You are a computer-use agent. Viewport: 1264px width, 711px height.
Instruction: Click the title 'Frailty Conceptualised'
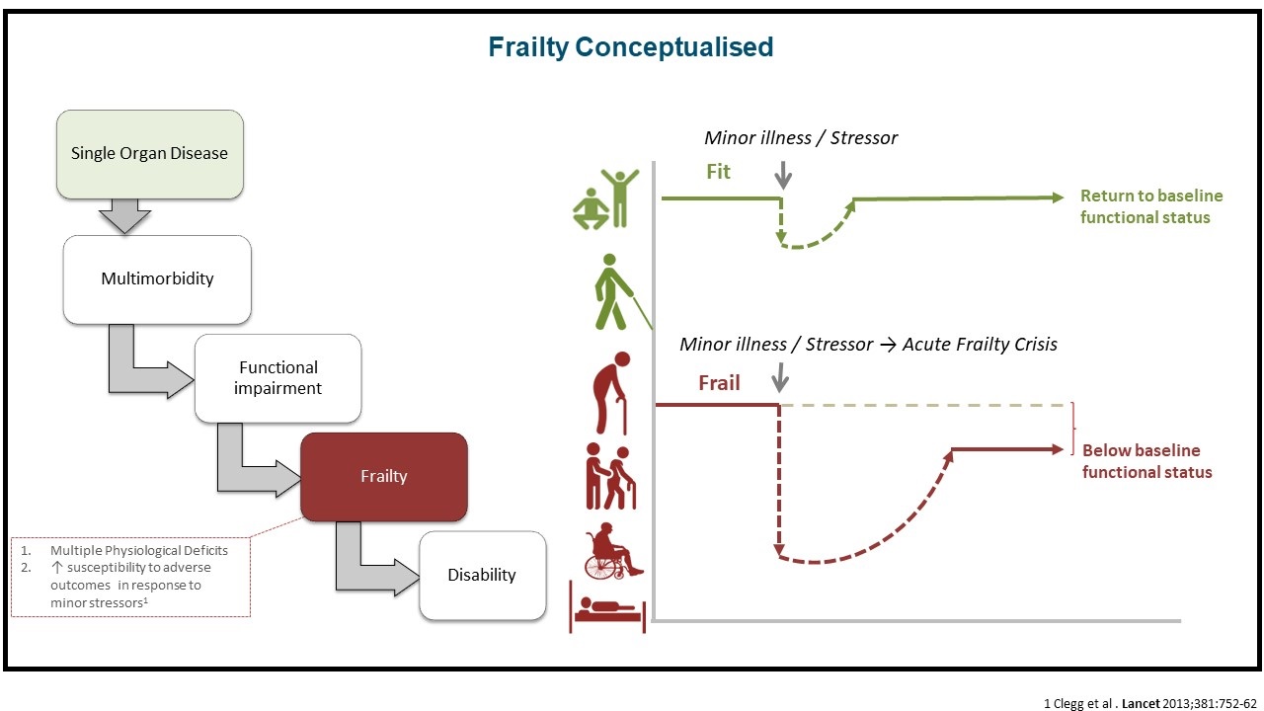pyautogui.click(x=631, y=46)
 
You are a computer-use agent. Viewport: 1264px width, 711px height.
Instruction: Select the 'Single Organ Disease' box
pyautogui.click(x=149, y=154)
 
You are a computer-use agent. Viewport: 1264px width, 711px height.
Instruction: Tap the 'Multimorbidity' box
pyautogui.click(x=157, y=278)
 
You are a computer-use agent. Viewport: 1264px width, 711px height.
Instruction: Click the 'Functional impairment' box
pyautogui.click(x=277, y=378)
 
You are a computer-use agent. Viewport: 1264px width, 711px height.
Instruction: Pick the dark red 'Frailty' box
pyautogui.click(x=383, y=476)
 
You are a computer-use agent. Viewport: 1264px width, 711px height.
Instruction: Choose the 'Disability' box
pyautogui.click(x=482, y=575)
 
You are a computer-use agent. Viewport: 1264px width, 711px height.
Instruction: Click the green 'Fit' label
pyautogui.click(x=718, y=172)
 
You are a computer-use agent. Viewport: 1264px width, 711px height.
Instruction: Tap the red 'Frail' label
pyautogui.click(x=719, y=383)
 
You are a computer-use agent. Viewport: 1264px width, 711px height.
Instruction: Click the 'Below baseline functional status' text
pyautogui.click(x=1146, y=461)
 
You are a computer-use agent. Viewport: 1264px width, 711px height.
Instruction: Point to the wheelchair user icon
pyautogui.click(x=613, y=554)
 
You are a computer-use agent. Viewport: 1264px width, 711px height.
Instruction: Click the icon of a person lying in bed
pyautogui.click(x=607, y=605)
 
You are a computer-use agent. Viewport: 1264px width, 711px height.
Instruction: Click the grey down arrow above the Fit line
pyautogui.click(x=783, y=174)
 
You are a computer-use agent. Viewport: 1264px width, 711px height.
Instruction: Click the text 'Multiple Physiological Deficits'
pyautogui.click(x=138, y=550)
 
